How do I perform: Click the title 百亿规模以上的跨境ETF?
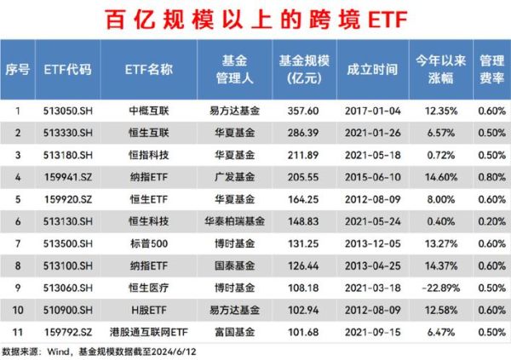(x=255, y=18)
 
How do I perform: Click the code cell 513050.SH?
(x=67, y=110)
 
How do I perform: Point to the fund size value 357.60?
(x=301, y=110)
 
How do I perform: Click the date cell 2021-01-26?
(x=371, y=132)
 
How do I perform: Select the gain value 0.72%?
(x=439, y=154)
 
